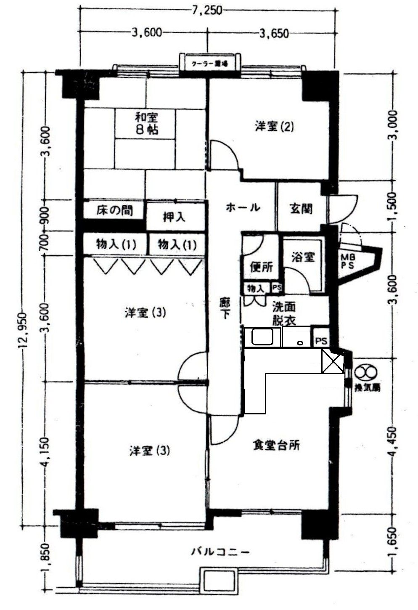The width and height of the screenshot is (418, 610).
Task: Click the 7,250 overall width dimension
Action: coord(206,10)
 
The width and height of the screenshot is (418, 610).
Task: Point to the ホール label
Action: coord(243,207)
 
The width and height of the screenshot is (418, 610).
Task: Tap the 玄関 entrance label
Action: coord(301,208)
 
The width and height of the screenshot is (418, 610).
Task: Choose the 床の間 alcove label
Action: coord(114,210)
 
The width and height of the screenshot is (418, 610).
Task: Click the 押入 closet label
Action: coord(174,217)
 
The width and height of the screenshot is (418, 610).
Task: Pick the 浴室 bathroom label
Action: coord(303,257)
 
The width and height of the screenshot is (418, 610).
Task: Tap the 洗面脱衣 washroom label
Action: coord(283,313)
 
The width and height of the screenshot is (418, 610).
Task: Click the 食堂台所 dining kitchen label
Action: coord(276,445)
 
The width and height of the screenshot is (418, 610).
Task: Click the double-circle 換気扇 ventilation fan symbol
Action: coord(364,373)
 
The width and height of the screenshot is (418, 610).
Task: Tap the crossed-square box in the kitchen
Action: coord(333,361)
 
